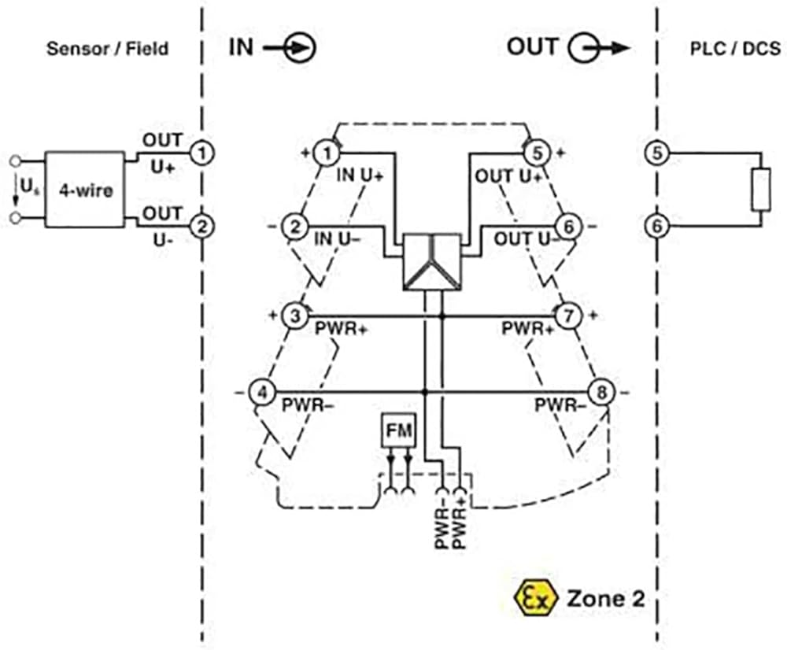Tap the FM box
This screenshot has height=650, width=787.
coord(399,430)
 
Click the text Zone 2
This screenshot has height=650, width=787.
coord(605,598)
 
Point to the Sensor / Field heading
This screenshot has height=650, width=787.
coord(107,49)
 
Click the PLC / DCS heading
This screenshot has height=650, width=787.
coord(735,48)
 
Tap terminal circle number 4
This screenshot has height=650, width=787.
coord(263,392)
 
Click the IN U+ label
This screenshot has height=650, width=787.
coord(360,175)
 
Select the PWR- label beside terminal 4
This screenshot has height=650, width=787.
coord(308,404)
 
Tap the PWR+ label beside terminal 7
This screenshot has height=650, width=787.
coord(528,329)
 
